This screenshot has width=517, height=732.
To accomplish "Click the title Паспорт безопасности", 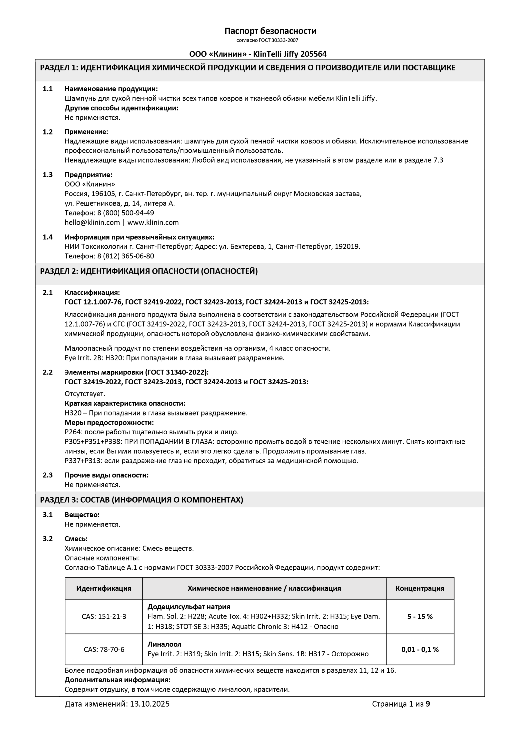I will (270, 31).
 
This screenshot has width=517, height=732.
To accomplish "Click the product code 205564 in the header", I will (313, 54).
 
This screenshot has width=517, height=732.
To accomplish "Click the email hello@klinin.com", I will (92, 222).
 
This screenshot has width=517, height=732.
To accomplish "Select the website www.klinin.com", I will (153, 222).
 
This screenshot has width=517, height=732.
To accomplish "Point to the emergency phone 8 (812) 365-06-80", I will (126, 256).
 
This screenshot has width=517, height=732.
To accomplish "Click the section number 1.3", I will (48, 175).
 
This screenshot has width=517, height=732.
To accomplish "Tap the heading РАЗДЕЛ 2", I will (59, 271).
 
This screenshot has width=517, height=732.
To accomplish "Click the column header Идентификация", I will (104, 588).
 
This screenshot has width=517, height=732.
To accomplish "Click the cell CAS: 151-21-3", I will (104, 617).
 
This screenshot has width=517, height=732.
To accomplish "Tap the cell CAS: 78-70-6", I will (104, 650).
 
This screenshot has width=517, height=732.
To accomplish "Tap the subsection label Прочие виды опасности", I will (106, 475).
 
